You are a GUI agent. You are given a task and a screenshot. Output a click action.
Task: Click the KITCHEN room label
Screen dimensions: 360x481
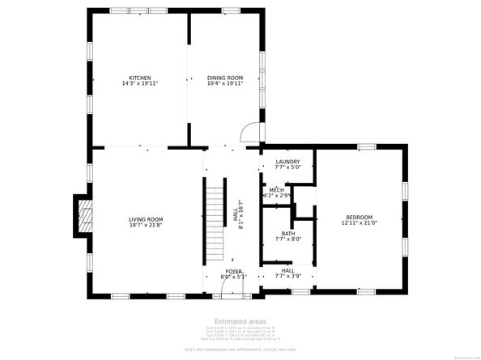click(139, 78)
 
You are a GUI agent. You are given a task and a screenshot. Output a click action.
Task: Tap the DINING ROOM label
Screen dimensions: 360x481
click(225, 78)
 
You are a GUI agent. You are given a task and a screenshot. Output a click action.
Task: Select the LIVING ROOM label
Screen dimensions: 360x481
click(146, 219)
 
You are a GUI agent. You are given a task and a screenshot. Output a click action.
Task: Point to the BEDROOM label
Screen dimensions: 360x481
click(359, 217)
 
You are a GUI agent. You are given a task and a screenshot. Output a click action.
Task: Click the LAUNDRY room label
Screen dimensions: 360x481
click(287, 162)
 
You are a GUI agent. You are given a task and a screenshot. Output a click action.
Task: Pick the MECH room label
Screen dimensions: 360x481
click(276, 189)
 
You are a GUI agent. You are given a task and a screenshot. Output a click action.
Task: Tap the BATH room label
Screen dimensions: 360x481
click(288, 233)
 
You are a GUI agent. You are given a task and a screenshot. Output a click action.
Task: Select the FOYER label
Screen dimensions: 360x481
click(233, 272)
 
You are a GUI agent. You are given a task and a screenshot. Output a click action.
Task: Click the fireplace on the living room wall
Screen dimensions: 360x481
click(83, 215)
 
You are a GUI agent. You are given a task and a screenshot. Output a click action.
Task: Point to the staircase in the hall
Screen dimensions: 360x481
click(214, 206)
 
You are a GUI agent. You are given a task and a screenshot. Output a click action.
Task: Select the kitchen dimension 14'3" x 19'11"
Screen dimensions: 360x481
click(139, 83)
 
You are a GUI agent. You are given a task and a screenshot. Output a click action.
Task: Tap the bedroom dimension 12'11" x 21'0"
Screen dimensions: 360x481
click(359, 223)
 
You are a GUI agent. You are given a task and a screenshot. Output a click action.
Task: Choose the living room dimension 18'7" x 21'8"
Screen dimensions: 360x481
click(146, 225)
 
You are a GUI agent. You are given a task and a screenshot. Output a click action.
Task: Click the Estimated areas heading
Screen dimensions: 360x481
click(240, 321)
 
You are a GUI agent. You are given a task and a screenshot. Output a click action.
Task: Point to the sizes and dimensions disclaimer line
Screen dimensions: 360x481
click(240, 349)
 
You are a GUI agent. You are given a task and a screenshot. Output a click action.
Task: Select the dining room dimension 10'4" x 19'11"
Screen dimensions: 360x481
click(225, 83)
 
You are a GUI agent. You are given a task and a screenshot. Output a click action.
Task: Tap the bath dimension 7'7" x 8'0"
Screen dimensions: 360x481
click(288, 239)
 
